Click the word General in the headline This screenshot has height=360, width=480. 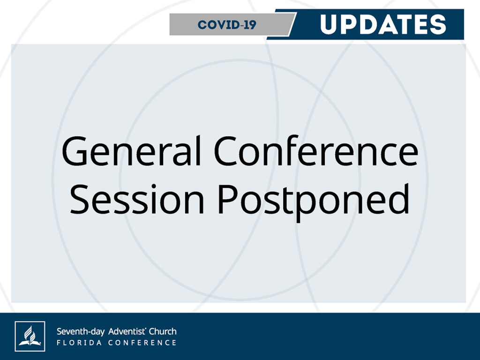pyautogui.click(x=131, y=150)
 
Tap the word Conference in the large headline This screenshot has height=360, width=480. pyautogui.click(x=316, y=150)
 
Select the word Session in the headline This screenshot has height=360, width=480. pyautogui.click(x=137, y=199)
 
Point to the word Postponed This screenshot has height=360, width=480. pyautogui.click(x=314, y=202)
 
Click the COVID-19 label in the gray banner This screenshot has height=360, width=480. pyautogui.click(x=227, y=25)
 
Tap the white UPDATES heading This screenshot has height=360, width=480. pyautogui.click(x=383, y=24)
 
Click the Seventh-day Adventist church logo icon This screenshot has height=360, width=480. pyautogui.click(x=30, y=336)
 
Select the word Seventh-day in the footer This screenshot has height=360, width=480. pyautogui.click(x=81, y=331)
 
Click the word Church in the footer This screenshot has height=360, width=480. pyautogui.click(x=163, y=331)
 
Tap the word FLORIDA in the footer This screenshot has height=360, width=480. pyautogui.click(x=79, y=343)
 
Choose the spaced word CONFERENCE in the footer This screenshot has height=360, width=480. pyautogui.click(x=142, y=343)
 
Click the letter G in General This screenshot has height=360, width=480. pyautogui.click(x=75, y=151)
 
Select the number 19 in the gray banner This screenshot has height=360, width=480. pyautogui.click(x=251, y=25)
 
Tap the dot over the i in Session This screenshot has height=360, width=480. pyautogui.click(x=154, y=186)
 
